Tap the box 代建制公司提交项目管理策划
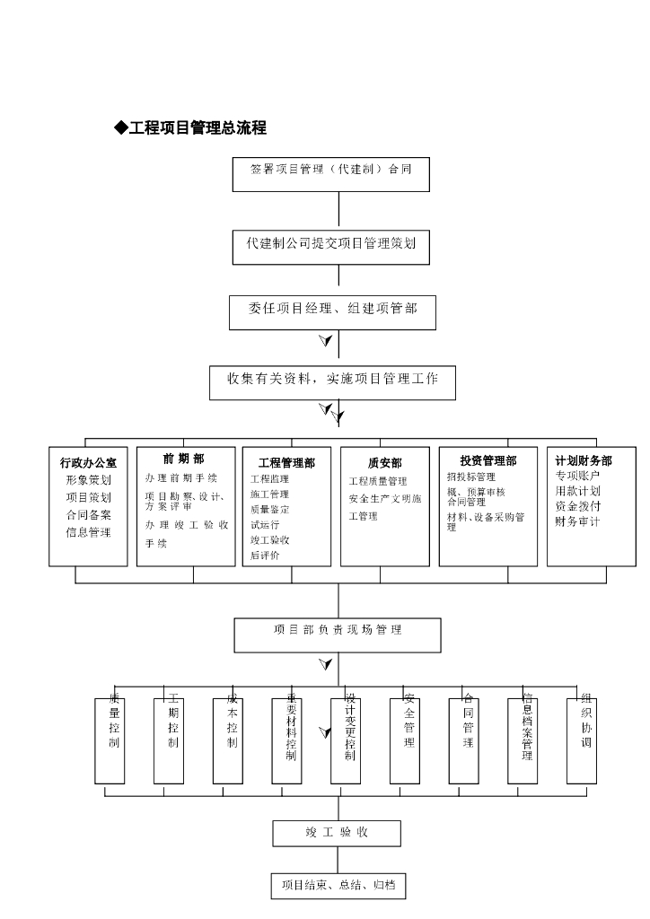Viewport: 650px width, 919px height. (331, 245)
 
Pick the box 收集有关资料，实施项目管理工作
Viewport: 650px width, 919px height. (333, 381)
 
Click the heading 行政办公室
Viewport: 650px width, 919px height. (88, 462)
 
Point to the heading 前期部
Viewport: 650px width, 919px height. (183, 459)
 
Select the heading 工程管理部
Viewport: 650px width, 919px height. (286, 463)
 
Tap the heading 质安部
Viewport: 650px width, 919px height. (385, 462)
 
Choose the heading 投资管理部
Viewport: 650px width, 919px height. (488, 460)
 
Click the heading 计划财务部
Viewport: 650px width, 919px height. (584, 460)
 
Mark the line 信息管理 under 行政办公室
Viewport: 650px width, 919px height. (88, 533)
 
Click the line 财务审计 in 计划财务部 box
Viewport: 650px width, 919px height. (577, 521)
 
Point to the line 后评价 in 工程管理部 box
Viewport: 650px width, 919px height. (265, 556)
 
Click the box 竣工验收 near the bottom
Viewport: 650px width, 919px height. (337, 833)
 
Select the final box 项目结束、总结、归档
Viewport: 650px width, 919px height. (337, 886)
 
